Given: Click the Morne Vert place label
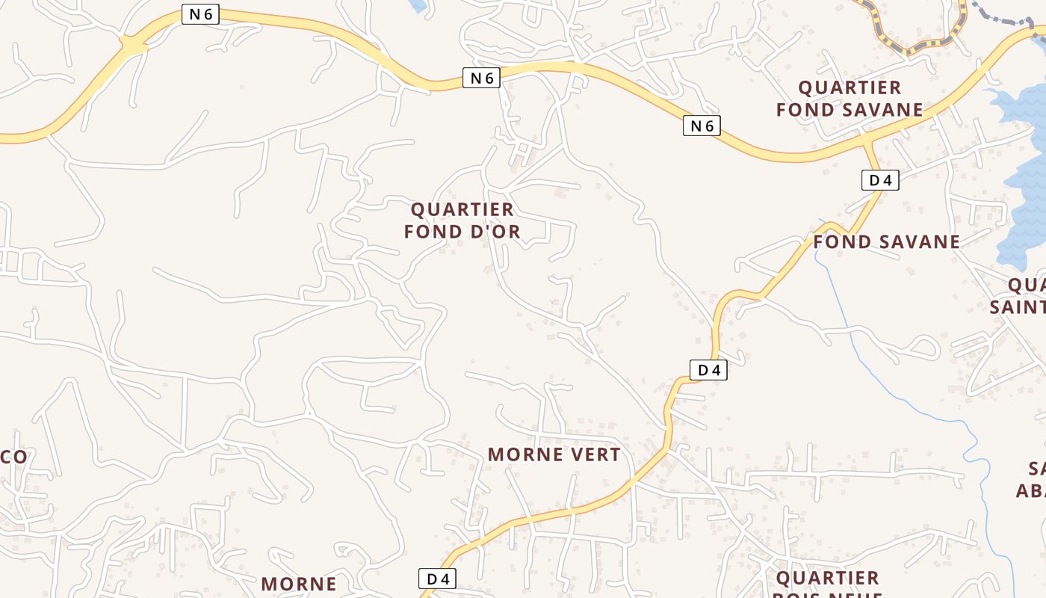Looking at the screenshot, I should pyautogui.click(x=554, y=454).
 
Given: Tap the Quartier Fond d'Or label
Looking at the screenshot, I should pyautogui.click(x=462, y=221).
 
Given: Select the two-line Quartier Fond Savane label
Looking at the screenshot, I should pyautogui.click(x=850, y=99).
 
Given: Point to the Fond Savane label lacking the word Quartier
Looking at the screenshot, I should pyautogui.click(x=886, y=242).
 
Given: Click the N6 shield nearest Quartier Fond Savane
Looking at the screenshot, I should pyautogui.click(x=702, y=126).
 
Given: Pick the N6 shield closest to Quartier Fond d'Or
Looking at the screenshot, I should pyautogui.click(x=480, y=78).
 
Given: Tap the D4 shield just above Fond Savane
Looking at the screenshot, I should pyautogui.click(x=879, y=180).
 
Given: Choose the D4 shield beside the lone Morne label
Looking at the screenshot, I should pyautogui.click(x=437, y=579).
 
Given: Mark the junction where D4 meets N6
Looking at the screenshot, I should pyautogui.click(x=867, y=140).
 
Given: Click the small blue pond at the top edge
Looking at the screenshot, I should pyautogui.click(x=418, y=6).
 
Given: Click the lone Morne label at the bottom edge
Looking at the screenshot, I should pyautogui.click(x=298, y=584).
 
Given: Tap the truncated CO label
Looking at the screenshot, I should pyautogui.click(x=13, y=457).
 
